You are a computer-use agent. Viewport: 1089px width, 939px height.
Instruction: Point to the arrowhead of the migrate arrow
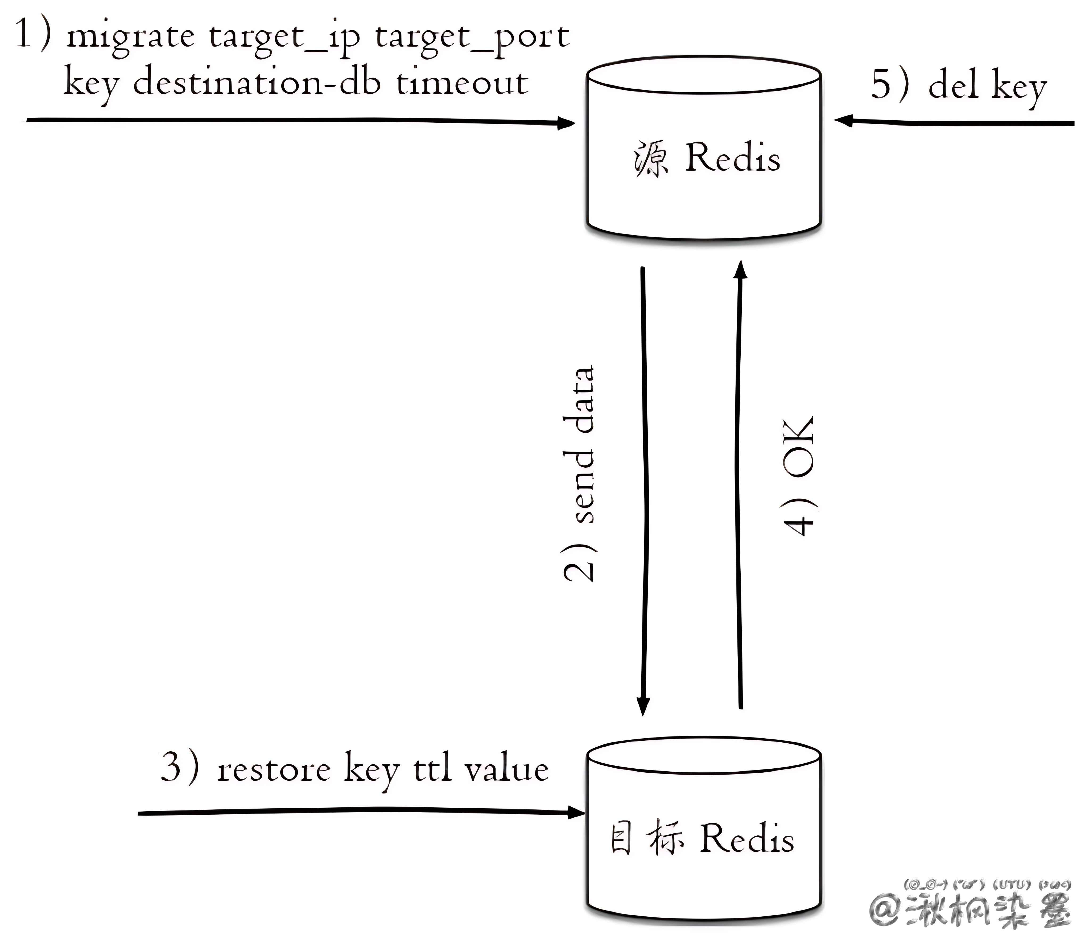pyautogui.click(x=567, y=123)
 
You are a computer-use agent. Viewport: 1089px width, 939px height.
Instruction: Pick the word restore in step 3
pyautogui.click(x=273, y=770)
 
